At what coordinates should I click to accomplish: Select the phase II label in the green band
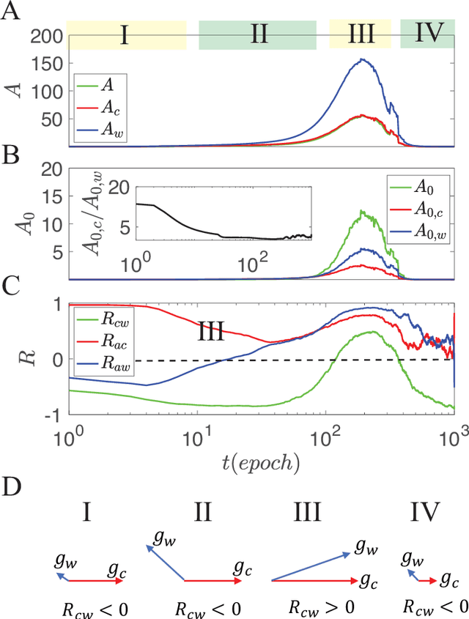(x=258, y=34)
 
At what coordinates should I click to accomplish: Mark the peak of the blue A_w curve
(x=362, y=60)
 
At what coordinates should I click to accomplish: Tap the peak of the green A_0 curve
(x=362, y=212)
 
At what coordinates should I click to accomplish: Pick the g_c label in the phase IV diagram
(x=449, y=579)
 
